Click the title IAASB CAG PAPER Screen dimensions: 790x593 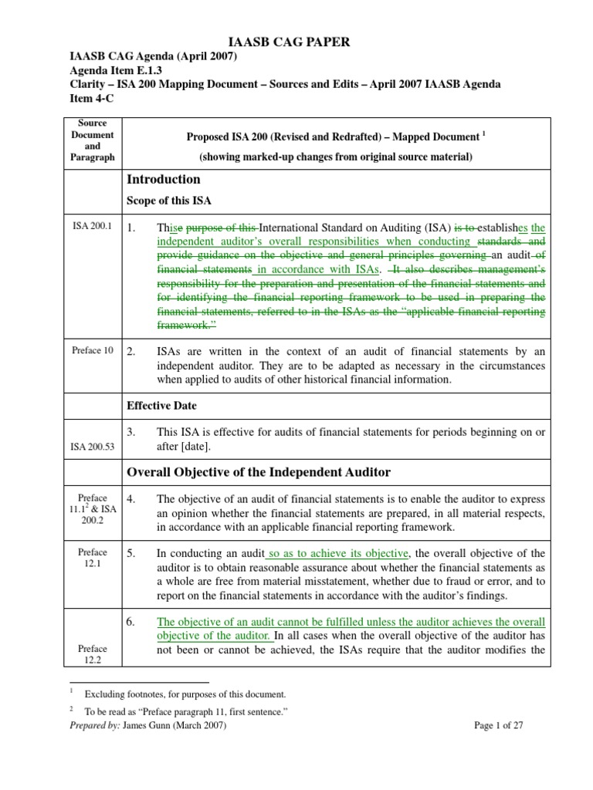296,42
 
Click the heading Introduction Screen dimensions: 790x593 163,179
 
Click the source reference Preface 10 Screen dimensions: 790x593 92,350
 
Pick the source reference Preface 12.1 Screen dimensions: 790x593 93,559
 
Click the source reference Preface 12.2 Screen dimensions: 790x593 93,654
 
